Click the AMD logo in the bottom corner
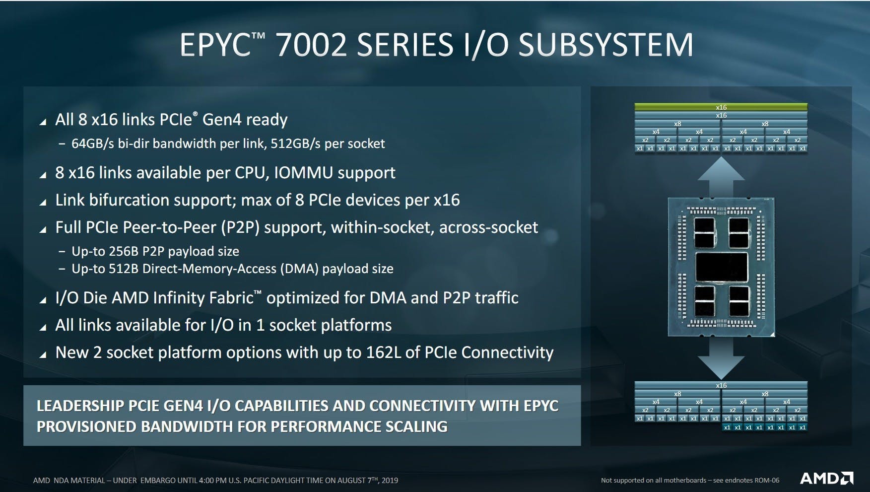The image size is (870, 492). point(826,478)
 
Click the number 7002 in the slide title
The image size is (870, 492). point(311,45)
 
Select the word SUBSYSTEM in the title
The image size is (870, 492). point(605,45)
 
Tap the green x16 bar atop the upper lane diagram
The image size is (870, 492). point(721,107)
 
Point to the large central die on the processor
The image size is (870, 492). point(721,267)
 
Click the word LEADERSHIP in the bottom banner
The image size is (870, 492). point(80,406)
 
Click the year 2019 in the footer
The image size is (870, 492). point(390,481)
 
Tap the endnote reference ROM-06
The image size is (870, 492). point(766,481)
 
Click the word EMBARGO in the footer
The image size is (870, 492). point(158,481)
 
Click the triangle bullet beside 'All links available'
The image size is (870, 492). point(43,327)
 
